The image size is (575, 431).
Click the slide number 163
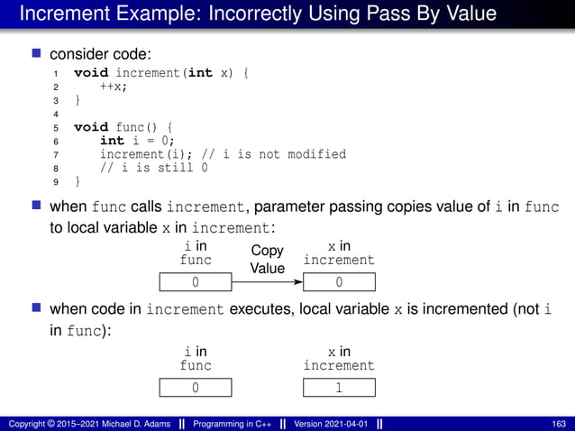[x=559, y=424]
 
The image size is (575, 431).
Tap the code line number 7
[x=56, y=154]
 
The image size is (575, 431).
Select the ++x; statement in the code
[x=113, y=87]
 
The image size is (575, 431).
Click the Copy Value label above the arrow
[x=267, y=260]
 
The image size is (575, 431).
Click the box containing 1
[x=339, y=389]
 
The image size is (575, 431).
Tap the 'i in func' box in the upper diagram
[x=196, y=283]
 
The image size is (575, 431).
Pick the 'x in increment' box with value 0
[x=339, y=283]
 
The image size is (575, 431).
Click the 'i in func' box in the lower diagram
[x=196, y=389]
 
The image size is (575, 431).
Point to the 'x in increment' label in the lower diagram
[x=339, y=359]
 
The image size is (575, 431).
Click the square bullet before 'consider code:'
[x=37, y=54]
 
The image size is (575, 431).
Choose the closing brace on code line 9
[x=77, y=181]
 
